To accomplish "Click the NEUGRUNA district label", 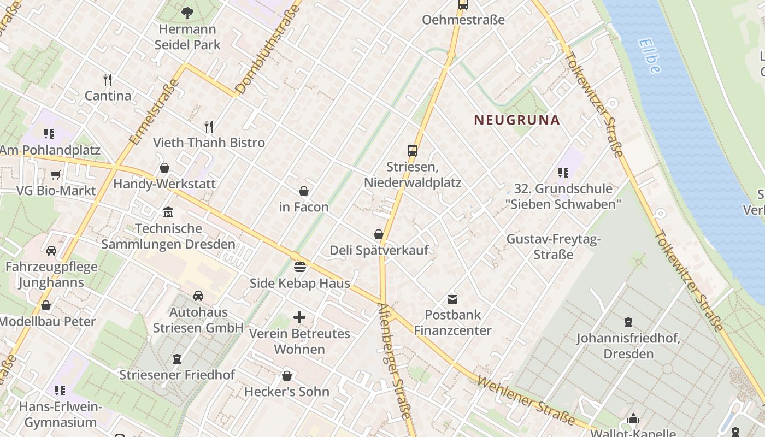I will [x=517, y=120].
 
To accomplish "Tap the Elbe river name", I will [x=649, y=55].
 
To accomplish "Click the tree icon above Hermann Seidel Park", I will [x=187, y=13].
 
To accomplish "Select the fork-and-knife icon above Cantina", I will [x=108, y=80].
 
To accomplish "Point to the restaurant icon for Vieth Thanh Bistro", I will [x=209, y=127].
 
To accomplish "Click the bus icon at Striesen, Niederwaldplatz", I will [x=413, y=151].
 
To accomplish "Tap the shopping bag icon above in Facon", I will [x=304, y=191].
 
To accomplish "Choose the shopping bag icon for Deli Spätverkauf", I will [x=379, y=234].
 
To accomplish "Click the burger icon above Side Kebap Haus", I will [x=299, y=267].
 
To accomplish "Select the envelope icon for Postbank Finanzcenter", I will [x=452, y=299].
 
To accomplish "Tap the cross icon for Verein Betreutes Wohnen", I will [x=299, y=317].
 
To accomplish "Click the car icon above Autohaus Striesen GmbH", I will [x=198, y=296].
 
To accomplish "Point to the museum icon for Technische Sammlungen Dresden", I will [x=168, y=212].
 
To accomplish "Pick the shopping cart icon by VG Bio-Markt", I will [x=55, y=175].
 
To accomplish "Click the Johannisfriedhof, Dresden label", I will [x=628, y=346].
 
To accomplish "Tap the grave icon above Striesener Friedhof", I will [x=177, y=359].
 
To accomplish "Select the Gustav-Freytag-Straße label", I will [x=554, y=246].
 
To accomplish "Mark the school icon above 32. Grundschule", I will [x=563, y=173].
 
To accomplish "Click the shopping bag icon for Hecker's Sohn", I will [x=287, y=376].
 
